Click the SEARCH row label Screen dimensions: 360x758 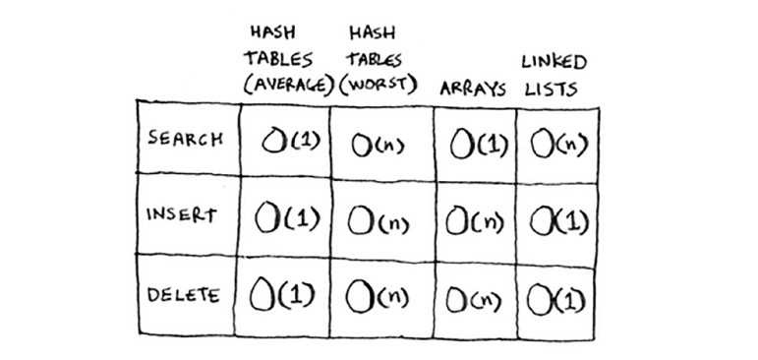click(x=184, y=138)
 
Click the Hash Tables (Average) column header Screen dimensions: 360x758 click(x=286, y=59)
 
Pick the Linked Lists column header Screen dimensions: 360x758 click(x=554, y=74)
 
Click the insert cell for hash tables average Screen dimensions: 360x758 click(x=286, y=216)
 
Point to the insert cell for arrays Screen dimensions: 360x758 click(x=476, y=218)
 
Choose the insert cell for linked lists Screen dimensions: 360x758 click(x=556, y=218)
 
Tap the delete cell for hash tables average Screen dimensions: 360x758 click(x=286, y=293)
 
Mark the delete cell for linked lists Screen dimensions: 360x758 click(x=556, y=295)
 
